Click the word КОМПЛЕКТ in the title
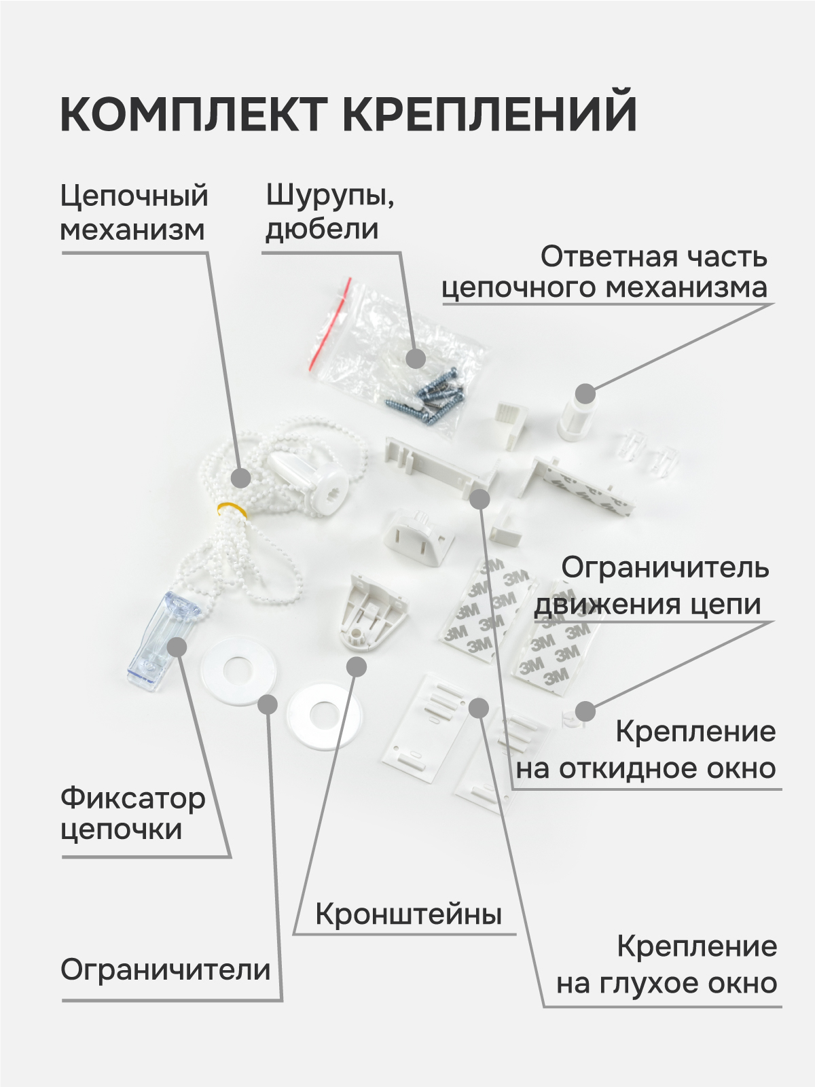194,113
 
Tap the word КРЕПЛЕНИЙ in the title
489,113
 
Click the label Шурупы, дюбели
330,212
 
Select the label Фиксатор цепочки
132,814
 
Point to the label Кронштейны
408,914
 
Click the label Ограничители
165,969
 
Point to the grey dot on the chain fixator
177,645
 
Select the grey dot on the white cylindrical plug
585,393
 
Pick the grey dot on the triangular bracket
356,667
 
